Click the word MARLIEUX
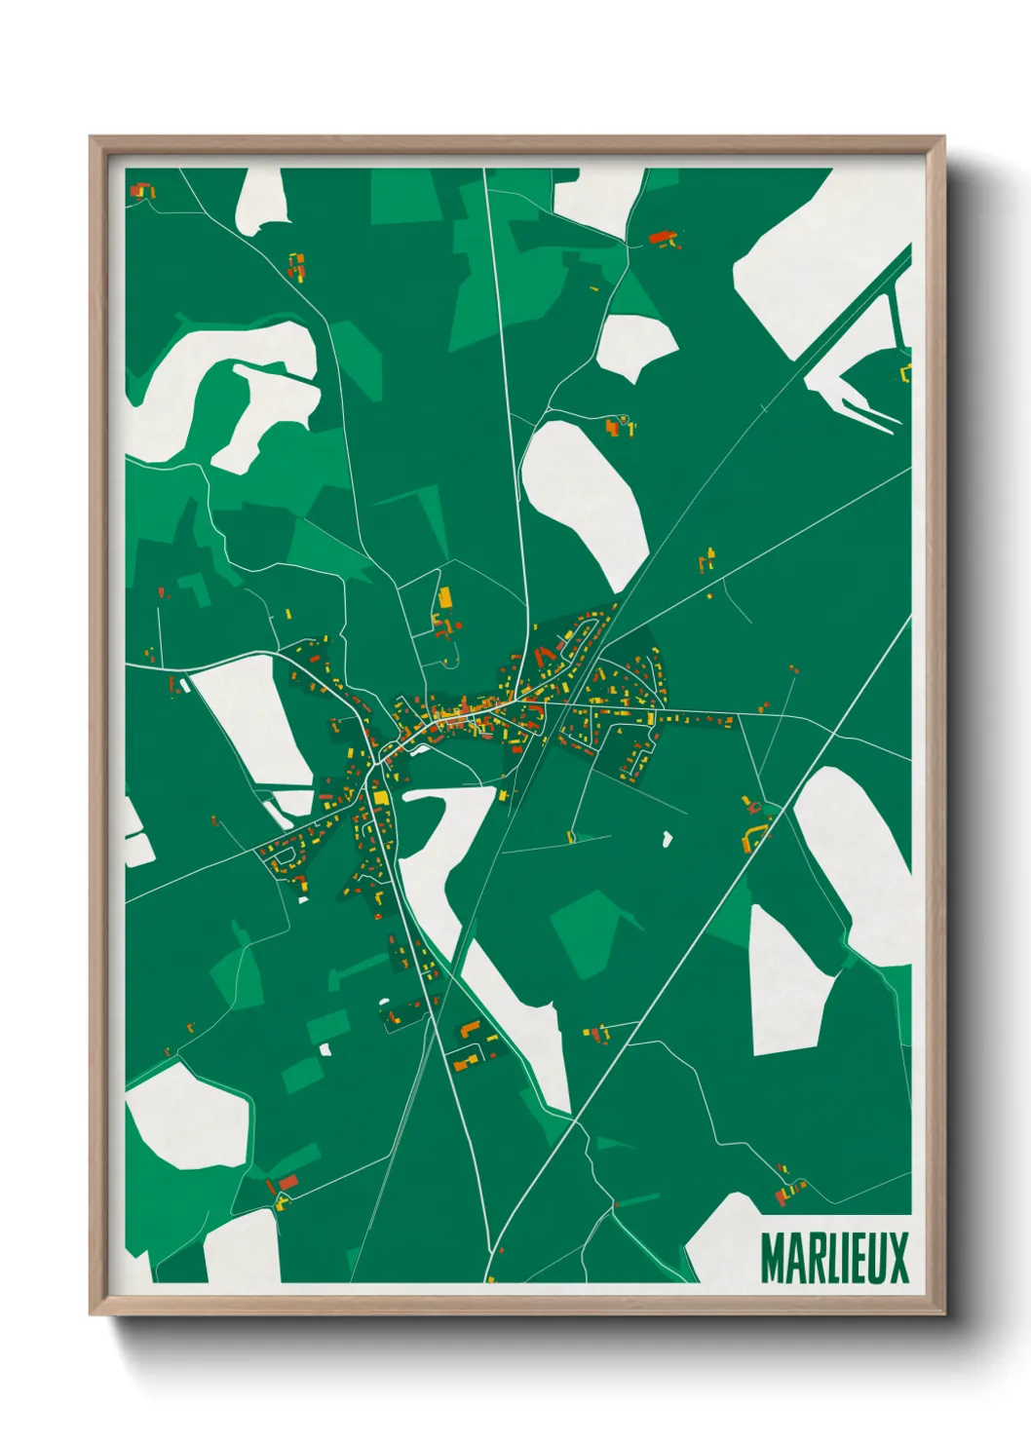pos(834,1259)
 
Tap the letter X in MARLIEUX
pos(897,1259)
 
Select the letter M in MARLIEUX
pos(772,1259)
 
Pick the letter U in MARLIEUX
pos(874,1259)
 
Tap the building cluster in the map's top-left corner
pos(143,190)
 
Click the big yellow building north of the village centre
pos(445,597)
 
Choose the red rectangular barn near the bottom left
pos(287,1182)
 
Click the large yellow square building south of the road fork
pos(380,799)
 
